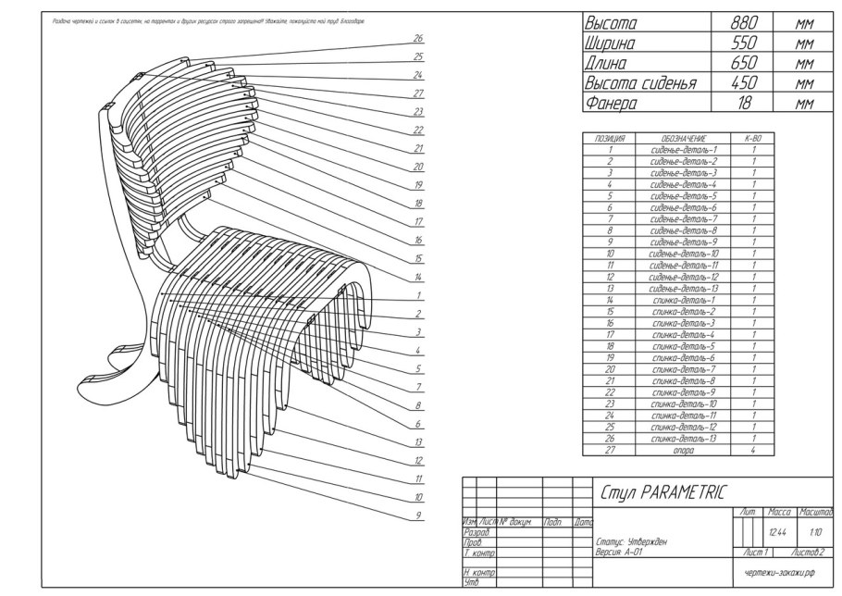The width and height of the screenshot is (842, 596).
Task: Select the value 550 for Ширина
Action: [745, 43]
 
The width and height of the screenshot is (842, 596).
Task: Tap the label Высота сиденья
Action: [638, 83]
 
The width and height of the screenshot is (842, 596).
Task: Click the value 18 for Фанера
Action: [745, 104]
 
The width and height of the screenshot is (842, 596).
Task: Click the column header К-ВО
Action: [752, 138]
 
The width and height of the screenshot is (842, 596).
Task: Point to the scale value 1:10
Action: [814, 532]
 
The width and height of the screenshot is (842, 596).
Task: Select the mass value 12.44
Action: [779, 532]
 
